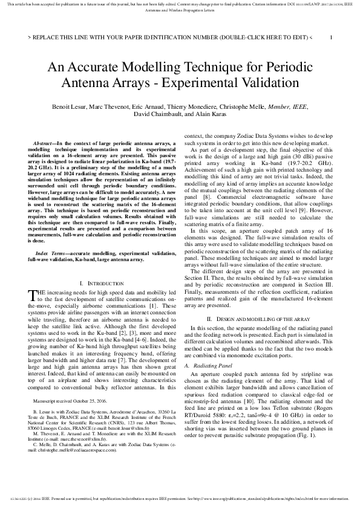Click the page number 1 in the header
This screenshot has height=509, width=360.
[x=330, y=37]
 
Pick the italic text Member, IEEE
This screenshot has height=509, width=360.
[x=289, y=106]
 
